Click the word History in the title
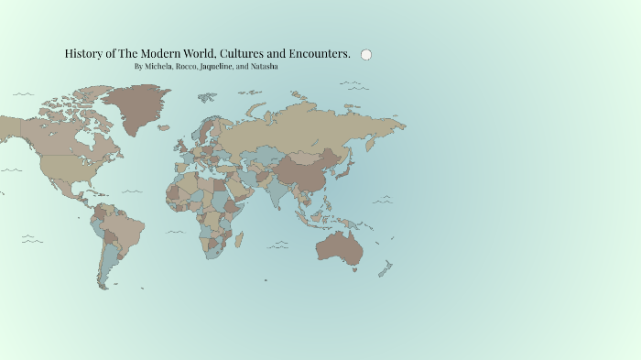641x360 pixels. point(83,54)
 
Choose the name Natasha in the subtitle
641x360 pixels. point(264,67)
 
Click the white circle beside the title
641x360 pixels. point(366,55)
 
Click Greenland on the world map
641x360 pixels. point(132,105)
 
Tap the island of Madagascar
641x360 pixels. point(240,240)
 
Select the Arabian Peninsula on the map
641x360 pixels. point(236,188)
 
